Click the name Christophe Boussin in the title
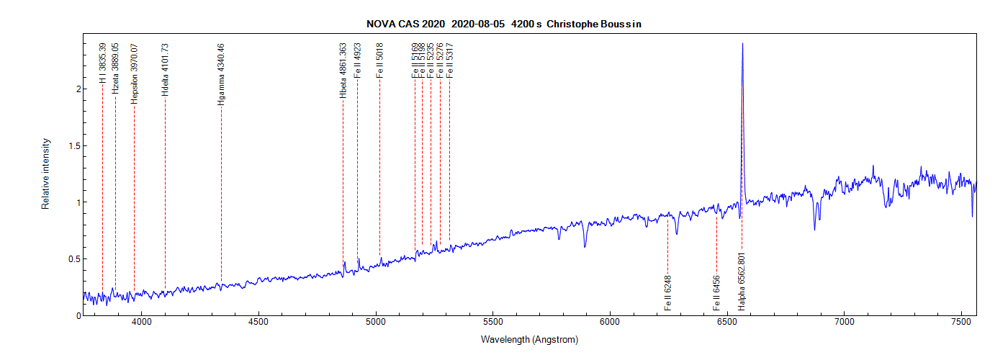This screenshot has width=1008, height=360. click(594, 24)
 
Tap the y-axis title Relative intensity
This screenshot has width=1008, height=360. click(45, 174)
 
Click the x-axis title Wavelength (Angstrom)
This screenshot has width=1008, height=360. click(529, 339)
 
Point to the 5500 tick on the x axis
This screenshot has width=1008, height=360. click(492, 323)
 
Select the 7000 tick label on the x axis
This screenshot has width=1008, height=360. click(844, 323)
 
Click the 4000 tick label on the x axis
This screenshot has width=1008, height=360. click(142, 323)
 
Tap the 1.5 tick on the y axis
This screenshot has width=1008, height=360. click(70, 145)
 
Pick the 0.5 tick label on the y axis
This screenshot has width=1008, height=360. click(70, 258)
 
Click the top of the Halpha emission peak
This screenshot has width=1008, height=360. click(742, 44)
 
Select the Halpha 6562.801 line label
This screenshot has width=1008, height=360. click(742, 281)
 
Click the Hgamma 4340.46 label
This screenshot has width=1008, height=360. click(221, 75)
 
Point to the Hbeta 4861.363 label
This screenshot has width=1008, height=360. click(343, 71)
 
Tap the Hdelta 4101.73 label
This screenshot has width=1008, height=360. click(165, 70)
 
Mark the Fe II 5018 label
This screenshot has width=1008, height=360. click(379, 60)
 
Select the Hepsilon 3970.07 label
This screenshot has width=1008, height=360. click(134, 74)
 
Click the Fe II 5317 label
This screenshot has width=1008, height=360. click(449, 60)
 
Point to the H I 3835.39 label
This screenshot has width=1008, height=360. click(103, 63)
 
